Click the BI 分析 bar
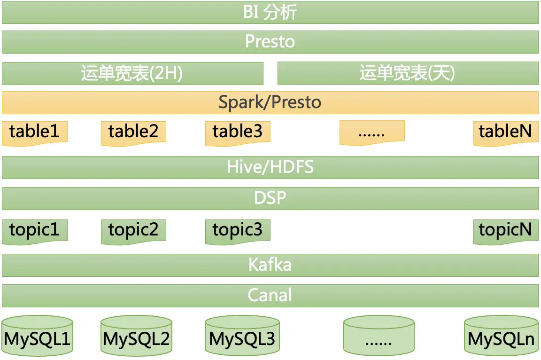click(270, 13)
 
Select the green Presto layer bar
click(270, 42)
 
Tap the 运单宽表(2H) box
click(132, 73)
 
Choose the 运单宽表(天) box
click(408, 73)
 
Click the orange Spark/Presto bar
click(270, 102)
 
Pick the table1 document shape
click(35, 132)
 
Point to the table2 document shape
click(133, 132)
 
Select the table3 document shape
click(238, 132)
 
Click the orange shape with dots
click(372, 132)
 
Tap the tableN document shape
click(505, 132)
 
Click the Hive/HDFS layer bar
click(270, 167)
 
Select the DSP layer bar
click(270, 198)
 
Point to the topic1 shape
click(35, 231)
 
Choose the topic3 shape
click(238, 231)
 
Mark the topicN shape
click(505, 231)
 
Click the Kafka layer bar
click(270, 265)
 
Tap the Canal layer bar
click(270, 295)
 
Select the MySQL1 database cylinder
click(38, 336)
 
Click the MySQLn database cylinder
click(501, 336)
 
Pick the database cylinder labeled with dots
click(379, 336)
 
